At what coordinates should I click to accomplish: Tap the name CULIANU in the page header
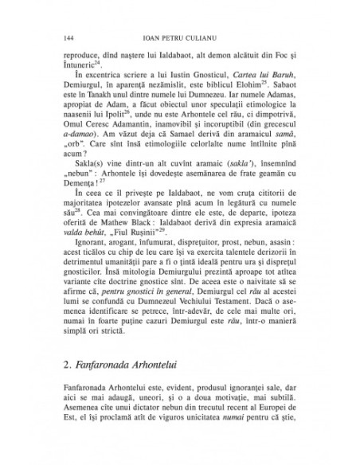click(x=202, y=37)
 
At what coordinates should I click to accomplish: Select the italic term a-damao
click(x=82, y=157)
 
